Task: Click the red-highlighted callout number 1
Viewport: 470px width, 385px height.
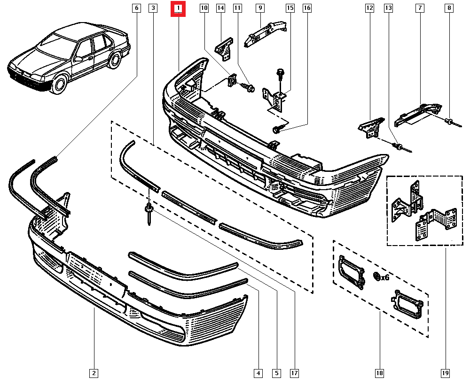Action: point(179,8)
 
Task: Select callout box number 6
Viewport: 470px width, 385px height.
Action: point(136,8)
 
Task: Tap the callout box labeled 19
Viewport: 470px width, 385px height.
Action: point(445,374)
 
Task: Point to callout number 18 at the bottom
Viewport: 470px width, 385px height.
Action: point(379,374)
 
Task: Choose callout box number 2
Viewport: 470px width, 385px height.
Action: point(94,374)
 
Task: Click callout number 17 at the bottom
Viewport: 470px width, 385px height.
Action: point(294,374)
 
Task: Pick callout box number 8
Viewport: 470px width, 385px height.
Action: point(449,8)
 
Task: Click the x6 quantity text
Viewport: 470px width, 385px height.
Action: point(385,277)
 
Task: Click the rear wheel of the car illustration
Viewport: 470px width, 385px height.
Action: point(114,61)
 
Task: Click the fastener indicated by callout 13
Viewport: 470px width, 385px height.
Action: point(399,147)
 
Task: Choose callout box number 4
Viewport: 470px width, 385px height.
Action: point(258,374)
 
